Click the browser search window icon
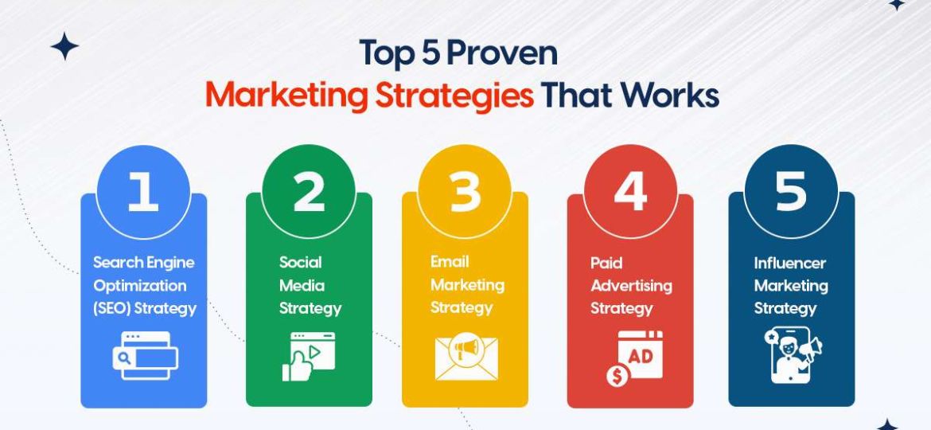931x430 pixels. click(144, 355)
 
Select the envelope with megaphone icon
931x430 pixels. click(465, 358)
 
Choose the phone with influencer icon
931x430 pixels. click(791, 356)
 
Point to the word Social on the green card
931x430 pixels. click(301, 262)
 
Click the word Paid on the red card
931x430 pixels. click(606, 262)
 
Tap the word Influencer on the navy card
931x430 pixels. click(790, 263)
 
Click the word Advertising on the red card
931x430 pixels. click(631, 285)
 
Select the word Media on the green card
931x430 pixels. click(302, 285)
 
